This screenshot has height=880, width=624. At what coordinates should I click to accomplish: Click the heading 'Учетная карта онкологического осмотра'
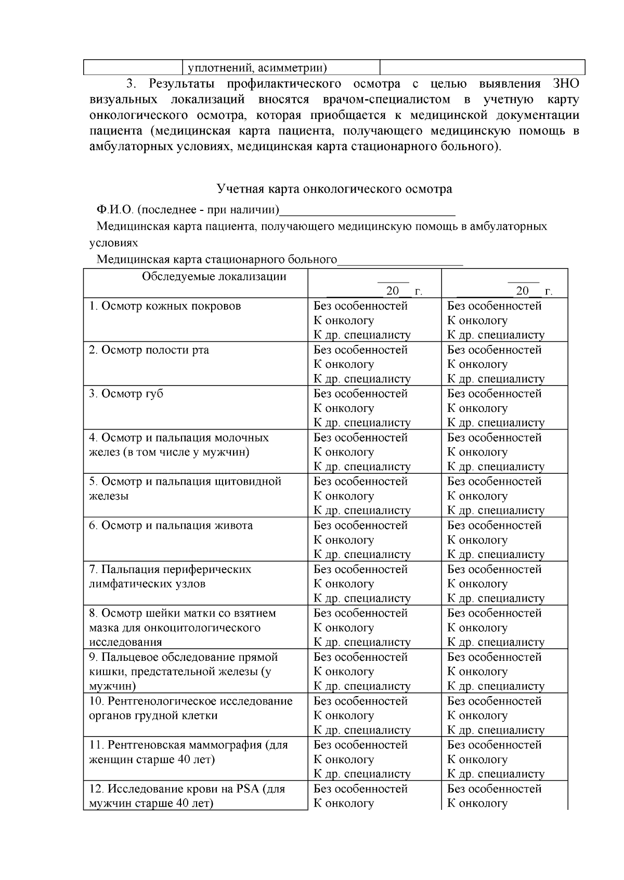click(334, 189)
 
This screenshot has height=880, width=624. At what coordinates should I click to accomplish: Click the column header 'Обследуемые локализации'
click(214, 276)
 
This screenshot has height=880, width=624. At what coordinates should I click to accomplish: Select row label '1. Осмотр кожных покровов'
click(165, 306)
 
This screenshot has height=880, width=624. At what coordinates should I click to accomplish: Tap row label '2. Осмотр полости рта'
click(149, 350)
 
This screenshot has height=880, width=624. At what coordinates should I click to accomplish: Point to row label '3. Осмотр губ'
click(126, 394)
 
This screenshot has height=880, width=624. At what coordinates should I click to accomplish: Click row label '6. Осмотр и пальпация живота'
click(171, 526)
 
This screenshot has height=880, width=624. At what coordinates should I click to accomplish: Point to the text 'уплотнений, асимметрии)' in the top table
click(257, 68)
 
